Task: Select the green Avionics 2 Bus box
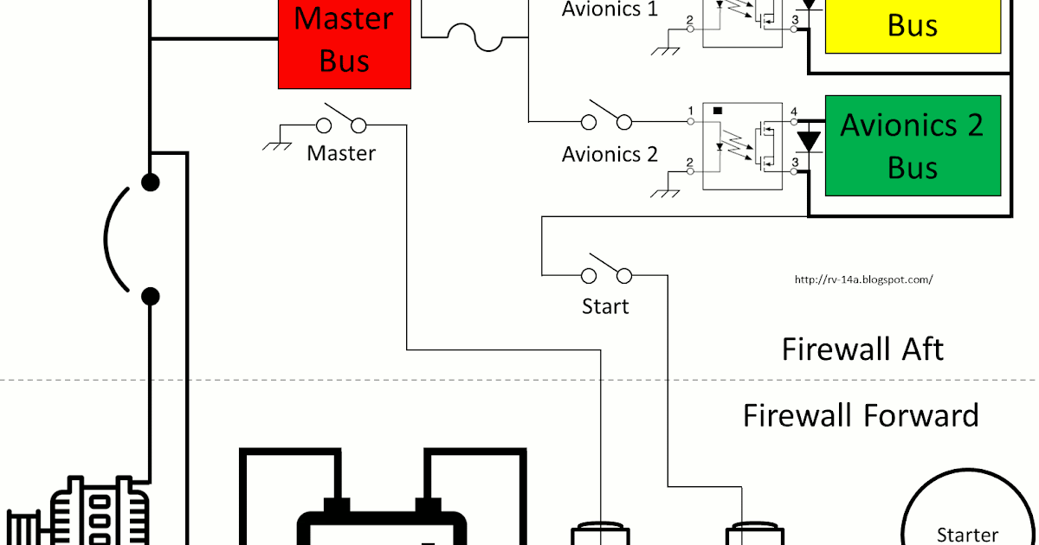[x=912, y=145]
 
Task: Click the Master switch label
[x=341, y=154]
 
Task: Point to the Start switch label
[x=605, y=306]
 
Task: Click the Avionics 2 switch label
[x=610, y=155]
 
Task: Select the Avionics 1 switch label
[x=610, y=10]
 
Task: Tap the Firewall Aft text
[x=862, y=349]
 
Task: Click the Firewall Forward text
[x=861, y=415]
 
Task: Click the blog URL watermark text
[x=862, y=279]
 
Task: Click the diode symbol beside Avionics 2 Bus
[x=809, y=140]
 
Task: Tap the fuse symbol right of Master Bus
[x=474, y=39]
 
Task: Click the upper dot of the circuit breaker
[x=151, y=183]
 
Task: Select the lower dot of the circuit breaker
[x=151, y=297]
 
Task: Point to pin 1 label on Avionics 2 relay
[x=690, y=112]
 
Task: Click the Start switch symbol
[x=606, y=270]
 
